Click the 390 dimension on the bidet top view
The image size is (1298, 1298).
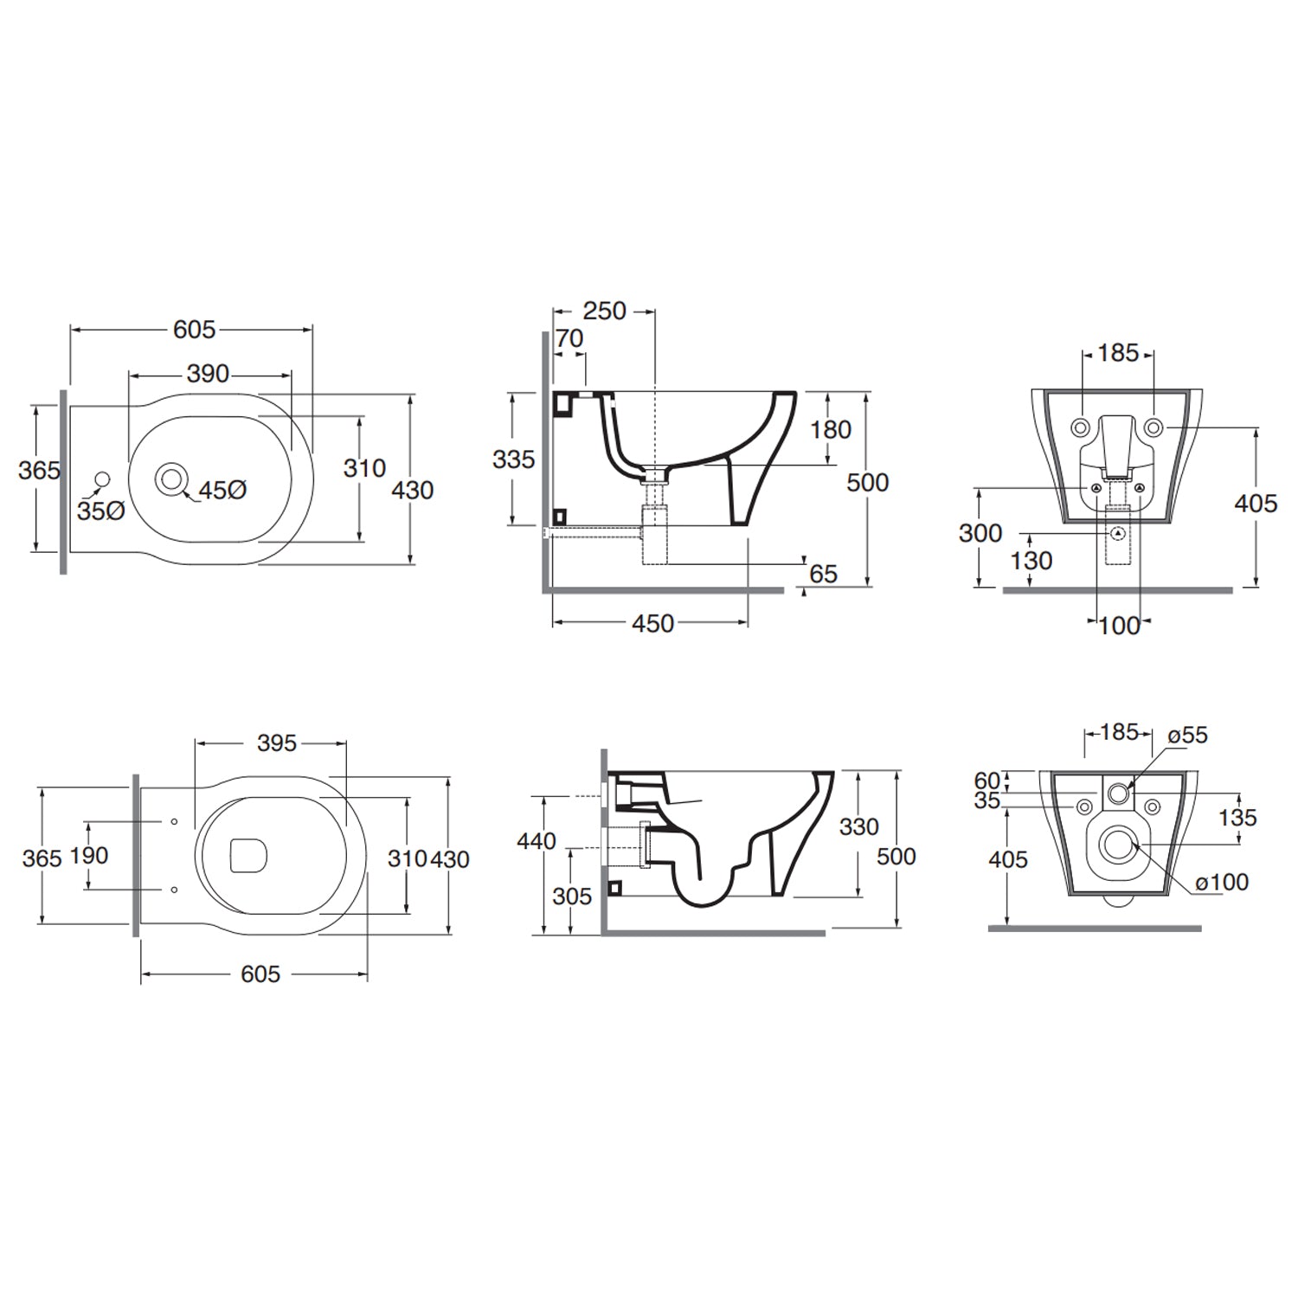click(209, 374)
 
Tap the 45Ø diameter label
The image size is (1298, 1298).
click(223, 491)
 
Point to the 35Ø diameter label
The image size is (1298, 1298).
click(101, 511)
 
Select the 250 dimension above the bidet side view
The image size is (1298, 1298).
click(604, 311)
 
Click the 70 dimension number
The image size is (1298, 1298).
click(569, 338)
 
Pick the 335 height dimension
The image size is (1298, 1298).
click(514, 459)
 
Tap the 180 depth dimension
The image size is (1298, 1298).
click(831, 429)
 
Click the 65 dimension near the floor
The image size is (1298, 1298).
click(823, 574)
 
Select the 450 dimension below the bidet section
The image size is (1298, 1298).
click(652, 624)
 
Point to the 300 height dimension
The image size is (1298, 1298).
click(980, 533)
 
